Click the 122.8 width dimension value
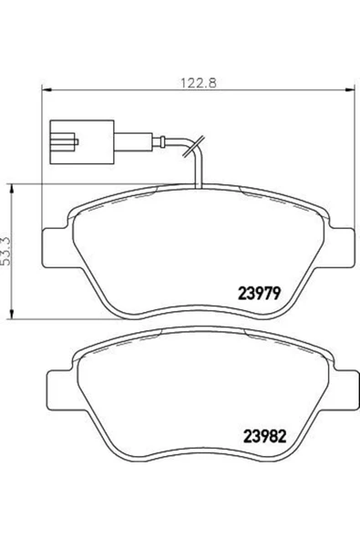coord(199,83)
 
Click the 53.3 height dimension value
coord(7,250)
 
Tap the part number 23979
coord(260,294)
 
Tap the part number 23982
coord(264,437)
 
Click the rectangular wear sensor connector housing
coord(82,142)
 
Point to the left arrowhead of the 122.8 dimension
coord(46,90)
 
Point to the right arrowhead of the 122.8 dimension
coord(350,90)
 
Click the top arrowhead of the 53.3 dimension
coord(12,189)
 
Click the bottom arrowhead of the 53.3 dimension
coord(12,314)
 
